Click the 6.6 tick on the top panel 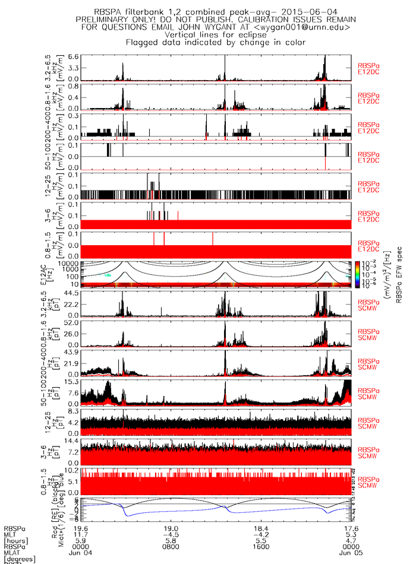[x=73, y=56]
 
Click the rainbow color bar [x=357, y=274]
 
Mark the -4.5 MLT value [x=171, y=535]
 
